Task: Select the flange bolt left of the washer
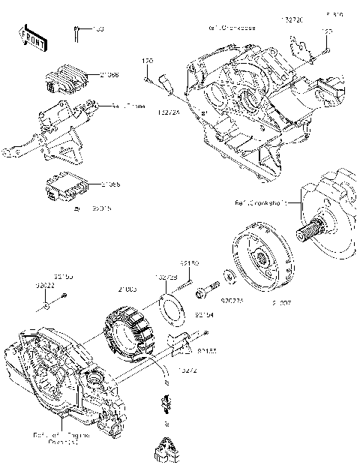205,286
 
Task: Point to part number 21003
127,288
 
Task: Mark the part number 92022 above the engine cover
46,285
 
